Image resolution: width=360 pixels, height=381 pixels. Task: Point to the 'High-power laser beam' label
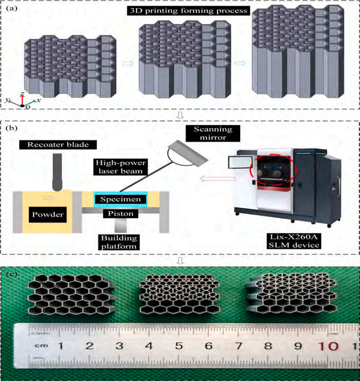pyautogui.click(x=118, y=167)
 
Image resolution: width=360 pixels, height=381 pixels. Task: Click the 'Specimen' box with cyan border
pyautogui.click(x=120, y=200)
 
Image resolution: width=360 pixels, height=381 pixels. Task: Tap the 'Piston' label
pyautogui.click(x=121, y=214)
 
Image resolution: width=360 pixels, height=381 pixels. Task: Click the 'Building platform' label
pyautogui.click(x=121, y=242)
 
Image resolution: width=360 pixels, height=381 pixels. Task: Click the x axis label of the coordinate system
pyautogui.click(x=39, y=101)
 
